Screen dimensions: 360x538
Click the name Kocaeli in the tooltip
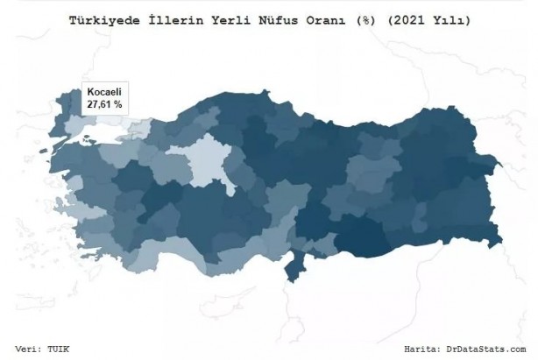pos(103,92)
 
